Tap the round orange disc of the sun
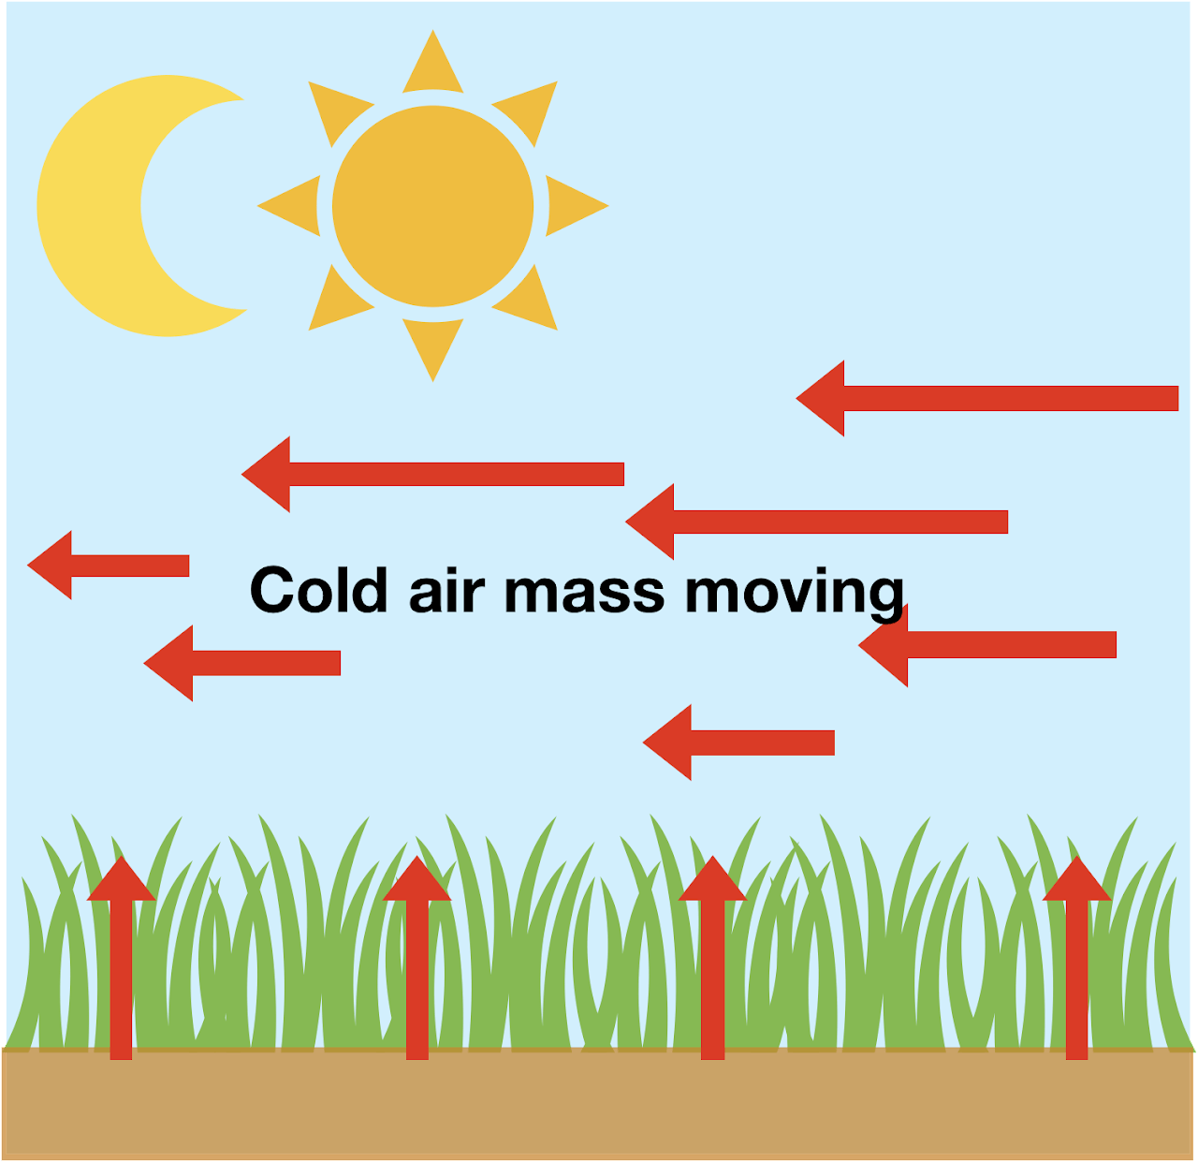432,206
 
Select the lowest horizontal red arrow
739,743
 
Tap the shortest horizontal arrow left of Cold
109,566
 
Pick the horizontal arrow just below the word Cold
243,663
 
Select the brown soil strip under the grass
599,1105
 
